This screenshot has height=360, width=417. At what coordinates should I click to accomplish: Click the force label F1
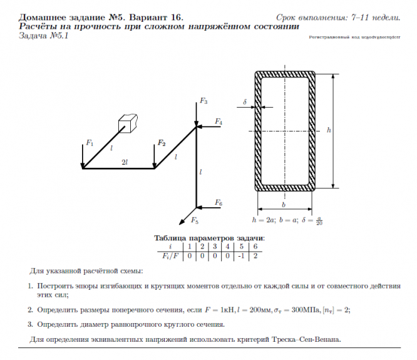coord(90,143)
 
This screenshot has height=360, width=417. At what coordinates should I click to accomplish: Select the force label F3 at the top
coord(203,101)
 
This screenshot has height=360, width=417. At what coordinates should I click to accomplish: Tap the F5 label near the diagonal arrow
coord(195,222)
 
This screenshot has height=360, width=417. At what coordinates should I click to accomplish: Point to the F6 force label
coord(219,203)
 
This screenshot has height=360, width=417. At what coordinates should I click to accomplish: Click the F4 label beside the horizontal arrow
coord(219,121)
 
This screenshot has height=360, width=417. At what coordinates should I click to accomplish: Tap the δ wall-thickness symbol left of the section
coord(245,101)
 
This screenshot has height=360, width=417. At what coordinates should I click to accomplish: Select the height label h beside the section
coord(329,130)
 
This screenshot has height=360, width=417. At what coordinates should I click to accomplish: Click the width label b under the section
coord(284,205)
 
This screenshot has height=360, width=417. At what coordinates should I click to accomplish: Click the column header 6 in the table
coord(254,247)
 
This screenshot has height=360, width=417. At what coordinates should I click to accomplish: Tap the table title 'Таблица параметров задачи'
coord(209,238)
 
